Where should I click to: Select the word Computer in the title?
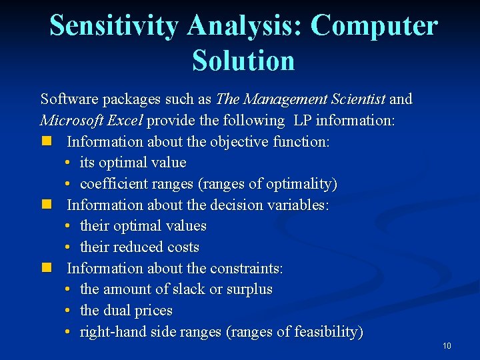pyautogui.click(x=374, y=26)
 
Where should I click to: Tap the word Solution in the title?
pyautogui.click(x=243, y=61)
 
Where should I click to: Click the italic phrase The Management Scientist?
pyautogui.click(x=301, y=99)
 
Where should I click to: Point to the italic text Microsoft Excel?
pyautogui.click(x=92, y=121)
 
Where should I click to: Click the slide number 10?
pyautogui.click(x=446, y=345)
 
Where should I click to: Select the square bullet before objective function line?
pyautogui.click(x=45, y=141)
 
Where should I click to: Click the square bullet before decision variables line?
pyautogui.click(x=45, y=205)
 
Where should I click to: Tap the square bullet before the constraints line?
pyautogui.click(x=45, y=268)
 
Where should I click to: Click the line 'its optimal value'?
pyautogui.click(x=133, y=163)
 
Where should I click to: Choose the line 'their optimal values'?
pyautogui.click(x=143, y=226)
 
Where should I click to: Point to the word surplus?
pyautogui.click(x=249, y=289)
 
